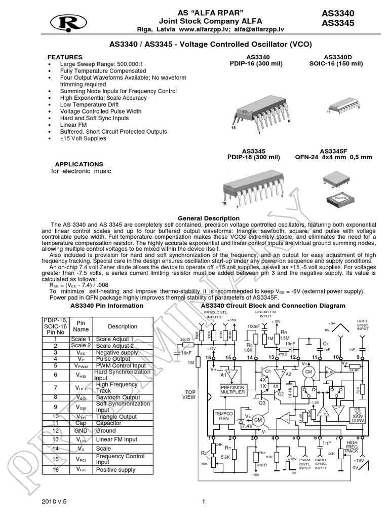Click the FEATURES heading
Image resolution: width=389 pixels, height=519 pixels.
coord(65,57)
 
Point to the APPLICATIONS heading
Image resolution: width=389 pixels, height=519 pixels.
coord(79,164)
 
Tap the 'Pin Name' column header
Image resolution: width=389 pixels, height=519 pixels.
coord(81,326)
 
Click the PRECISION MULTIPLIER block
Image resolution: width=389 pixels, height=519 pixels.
coord(233,390)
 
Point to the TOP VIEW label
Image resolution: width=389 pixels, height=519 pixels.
coord(190,395)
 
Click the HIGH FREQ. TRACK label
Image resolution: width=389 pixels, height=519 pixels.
coord(352,447)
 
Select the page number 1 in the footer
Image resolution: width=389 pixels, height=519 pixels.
coord(203,502)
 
